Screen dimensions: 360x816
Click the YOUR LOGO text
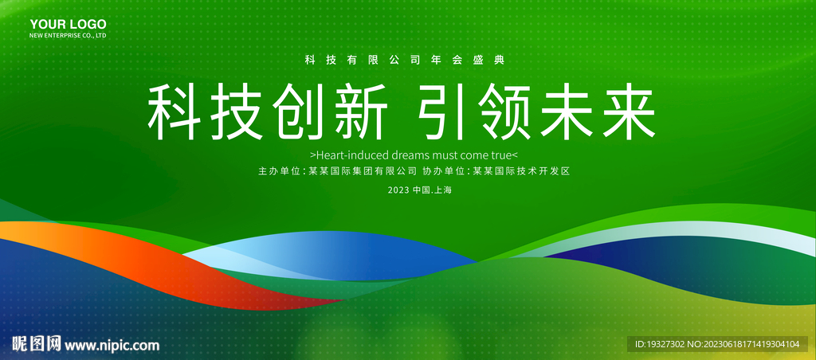click(x=63, y=25)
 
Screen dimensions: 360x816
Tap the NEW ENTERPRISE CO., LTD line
click(x=68, y=37)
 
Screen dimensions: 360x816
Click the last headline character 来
click(x=627, y=112)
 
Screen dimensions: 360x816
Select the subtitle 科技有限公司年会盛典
click(x=406, y=61)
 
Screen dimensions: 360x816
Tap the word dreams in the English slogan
click(x=409, y=155)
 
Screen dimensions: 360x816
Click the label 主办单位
click(x=280, y=171)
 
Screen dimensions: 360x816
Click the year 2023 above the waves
click(x=398, y=190)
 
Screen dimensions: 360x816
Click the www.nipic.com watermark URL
click(x=112, y=345)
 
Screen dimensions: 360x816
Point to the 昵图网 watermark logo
click(x=35, y=344)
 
